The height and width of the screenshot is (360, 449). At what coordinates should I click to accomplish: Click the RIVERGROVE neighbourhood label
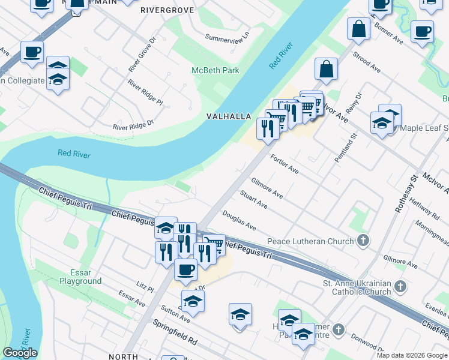click(164, 10)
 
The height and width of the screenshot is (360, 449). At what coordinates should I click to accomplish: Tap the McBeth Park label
click(215, 70)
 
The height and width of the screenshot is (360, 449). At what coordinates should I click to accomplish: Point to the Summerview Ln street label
click(227, 38)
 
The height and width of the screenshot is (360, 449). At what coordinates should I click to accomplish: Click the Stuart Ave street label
click(253, 200)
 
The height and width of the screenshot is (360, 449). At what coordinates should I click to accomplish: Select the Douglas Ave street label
click(239, 220)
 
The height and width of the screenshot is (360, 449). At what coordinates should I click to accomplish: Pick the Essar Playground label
click(80, 277)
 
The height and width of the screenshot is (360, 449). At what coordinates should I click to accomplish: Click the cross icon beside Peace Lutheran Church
click(363, 241)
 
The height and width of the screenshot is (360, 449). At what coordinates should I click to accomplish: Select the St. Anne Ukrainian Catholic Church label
click(357, 288)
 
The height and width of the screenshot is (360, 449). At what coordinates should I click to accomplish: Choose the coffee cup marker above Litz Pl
click(185, 270)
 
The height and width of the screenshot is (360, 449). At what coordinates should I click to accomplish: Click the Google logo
click(20, 353)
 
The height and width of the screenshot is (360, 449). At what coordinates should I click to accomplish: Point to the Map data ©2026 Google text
click(412, 355)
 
